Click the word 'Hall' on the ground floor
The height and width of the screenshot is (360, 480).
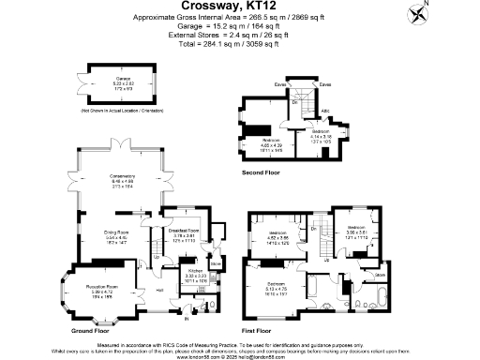tap(160, 290)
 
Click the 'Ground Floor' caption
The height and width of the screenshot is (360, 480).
tap(91, 331)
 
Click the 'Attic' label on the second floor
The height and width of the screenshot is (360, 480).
tap(326, 112)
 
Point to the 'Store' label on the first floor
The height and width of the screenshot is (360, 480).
tap(381, 274)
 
